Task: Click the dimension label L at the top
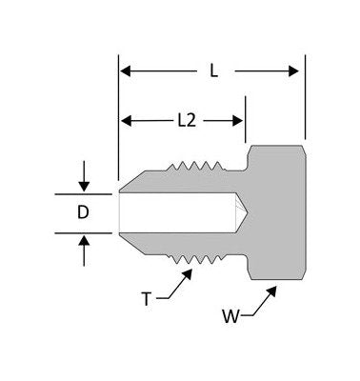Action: coord(211,70)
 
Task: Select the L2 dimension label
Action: coord(187,120)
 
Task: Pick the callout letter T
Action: coord(146,298)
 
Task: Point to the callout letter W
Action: coord(229,311)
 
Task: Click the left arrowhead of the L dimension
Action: coord(125,70)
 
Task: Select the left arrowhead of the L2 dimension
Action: coord(125,120)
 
